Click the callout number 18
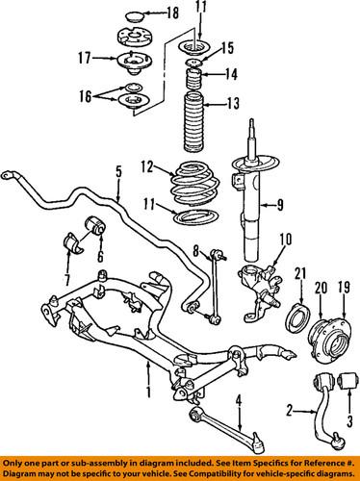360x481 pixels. tap(173, 14)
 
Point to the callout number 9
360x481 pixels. tap(280, 203)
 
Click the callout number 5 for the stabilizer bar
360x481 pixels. tap(118, 172)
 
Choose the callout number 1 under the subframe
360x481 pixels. tap(148, 393)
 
